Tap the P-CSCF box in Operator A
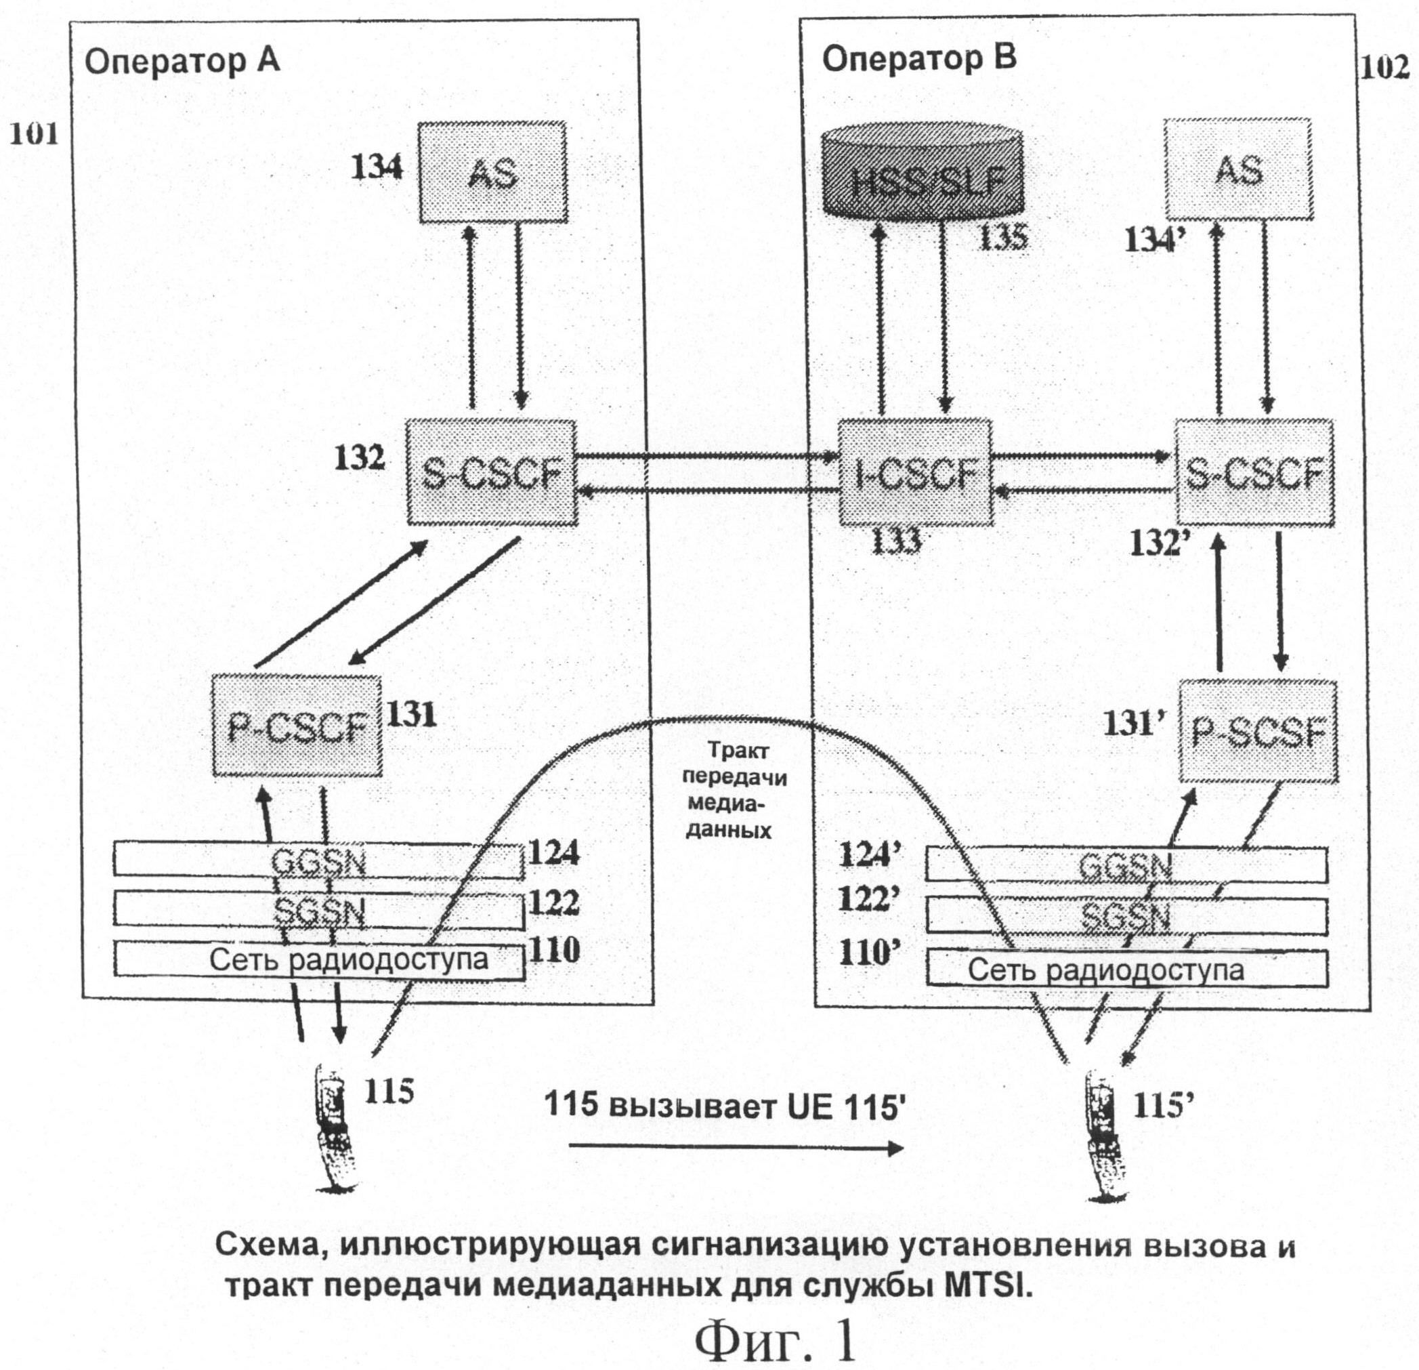click(297, 726)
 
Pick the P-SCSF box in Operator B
click(1258, 731)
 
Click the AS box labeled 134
click(492, 172)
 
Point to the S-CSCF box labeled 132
click(492, 472)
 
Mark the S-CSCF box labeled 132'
click(1253, 472)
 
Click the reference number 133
click(895, 539)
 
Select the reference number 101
click(33, 134)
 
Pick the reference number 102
click(1385, 68)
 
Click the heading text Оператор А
click(182, 62)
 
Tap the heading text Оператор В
click(918, 60)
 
